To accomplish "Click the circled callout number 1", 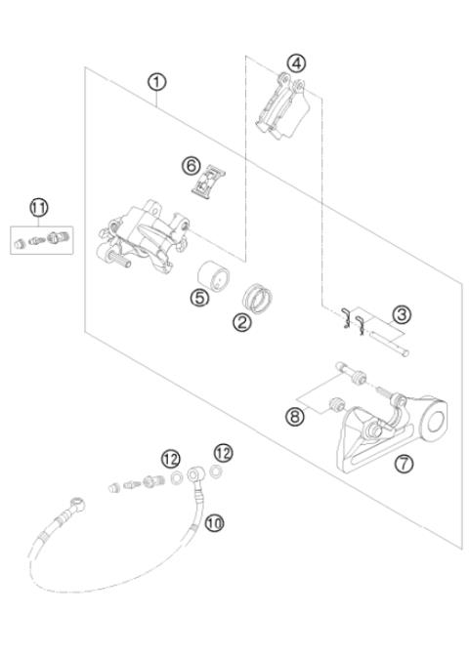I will [156, 83].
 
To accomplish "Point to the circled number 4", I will [294, 63].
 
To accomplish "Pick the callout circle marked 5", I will [199, 299].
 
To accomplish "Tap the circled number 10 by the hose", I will [215, 523].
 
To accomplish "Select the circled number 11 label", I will [38, 206].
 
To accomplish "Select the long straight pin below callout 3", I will [392, 346].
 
